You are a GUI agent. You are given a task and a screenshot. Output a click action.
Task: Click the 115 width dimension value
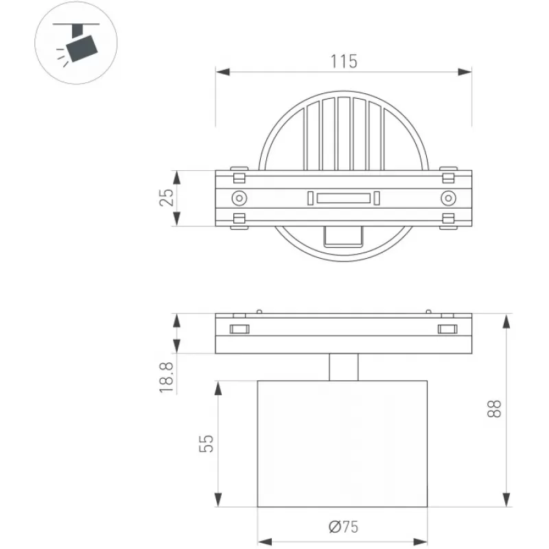pos(344,61)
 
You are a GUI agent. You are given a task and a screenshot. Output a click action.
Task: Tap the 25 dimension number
pos(167,198)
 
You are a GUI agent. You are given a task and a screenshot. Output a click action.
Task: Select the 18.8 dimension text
pos(167,377)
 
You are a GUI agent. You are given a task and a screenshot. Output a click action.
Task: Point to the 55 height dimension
pos(207,443)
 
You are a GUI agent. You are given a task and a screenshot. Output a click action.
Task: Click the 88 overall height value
pos(494,408)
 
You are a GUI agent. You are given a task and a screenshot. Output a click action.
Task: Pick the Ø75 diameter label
pos(344,526)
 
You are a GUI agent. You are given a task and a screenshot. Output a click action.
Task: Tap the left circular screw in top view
pos(240,198)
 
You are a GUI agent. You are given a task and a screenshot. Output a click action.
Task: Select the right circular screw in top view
pos(448,198)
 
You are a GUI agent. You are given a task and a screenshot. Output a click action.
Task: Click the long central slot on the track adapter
pos(344,198)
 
